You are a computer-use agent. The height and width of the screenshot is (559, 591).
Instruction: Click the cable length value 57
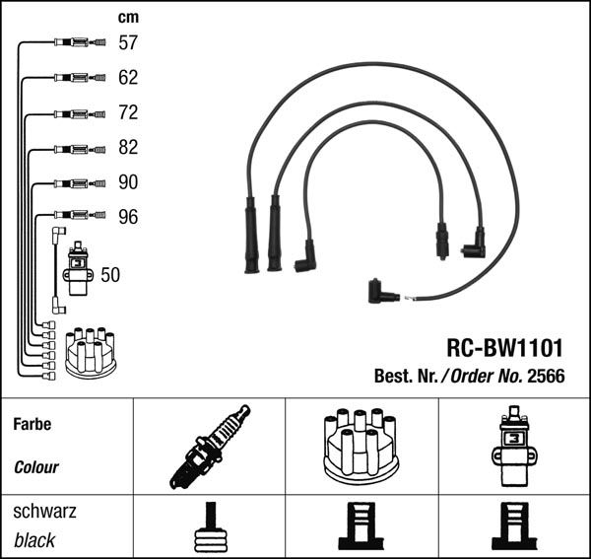[x=128, y=42]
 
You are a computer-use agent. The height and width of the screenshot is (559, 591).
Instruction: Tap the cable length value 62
[x=128, y=77]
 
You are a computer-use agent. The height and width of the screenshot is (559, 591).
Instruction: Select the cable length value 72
[x=128, y=112]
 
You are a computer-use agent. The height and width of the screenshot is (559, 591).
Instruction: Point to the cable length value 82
[x=128, y=147]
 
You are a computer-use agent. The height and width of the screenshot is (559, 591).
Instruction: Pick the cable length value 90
[x=128, y=182]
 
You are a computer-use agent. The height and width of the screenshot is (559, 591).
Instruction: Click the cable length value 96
[x=128, y=217]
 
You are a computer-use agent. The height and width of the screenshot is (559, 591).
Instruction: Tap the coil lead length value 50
[x=110, y=275]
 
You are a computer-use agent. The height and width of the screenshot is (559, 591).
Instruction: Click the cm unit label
[x=128, y=17]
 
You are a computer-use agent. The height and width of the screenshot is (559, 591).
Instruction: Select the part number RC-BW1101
[x=504, y=348]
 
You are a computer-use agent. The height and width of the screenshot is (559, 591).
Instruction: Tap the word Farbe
[x=33, y=425]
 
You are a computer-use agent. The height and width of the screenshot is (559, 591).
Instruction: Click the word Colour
[x=36, y=467]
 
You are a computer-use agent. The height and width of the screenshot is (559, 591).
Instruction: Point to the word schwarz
[x=44, y=513]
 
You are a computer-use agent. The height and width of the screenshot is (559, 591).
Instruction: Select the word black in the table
[x=34, y=540]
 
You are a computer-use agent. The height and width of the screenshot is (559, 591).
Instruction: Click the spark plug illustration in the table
[x=210, y=447]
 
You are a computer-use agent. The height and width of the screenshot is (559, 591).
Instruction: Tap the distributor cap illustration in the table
[x=361, y=445]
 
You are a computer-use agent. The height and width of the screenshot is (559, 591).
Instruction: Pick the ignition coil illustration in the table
[x=512, y=446]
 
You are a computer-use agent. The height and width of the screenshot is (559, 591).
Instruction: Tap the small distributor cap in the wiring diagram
[x=90, y=352]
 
